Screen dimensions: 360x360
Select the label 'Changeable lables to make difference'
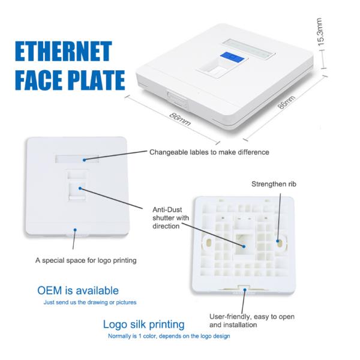[209, 152]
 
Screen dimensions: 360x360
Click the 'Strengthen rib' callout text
[274, 184]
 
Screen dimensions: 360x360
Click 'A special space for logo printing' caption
[85, 260]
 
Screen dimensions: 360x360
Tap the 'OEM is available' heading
[78, 291]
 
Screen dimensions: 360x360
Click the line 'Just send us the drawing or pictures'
[89, 302]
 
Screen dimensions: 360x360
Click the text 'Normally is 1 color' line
[169, 336]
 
